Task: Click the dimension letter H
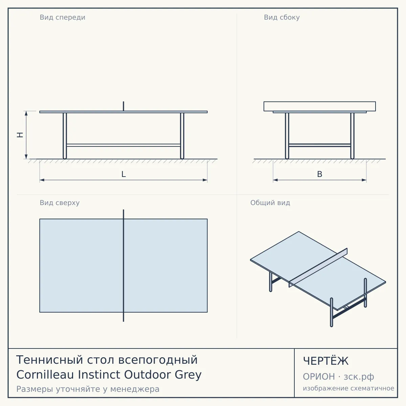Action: point(20,135)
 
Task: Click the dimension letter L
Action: point(124,174)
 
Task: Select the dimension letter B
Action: point(320,174)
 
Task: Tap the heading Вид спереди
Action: point(62,17)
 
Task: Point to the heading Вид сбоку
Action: point(282,17)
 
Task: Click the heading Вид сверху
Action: point(60,203)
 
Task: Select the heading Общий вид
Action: point(270,203)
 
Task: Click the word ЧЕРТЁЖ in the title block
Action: point(326,361)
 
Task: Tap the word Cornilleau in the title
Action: point(45,375)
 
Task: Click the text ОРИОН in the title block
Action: point(319,377)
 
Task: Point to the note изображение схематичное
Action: point(348,388)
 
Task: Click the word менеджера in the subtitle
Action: point(135,389)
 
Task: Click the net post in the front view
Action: point(123,106)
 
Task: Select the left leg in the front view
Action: point(65,136)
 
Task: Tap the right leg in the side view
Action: point(352,136)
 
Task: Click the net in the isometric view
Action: point(318,268)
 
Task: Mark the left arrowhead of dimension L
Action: point(42,180)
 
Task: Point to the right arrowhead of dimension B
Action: point(364,180)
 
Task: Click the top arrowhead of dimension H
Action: point(26,113)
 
